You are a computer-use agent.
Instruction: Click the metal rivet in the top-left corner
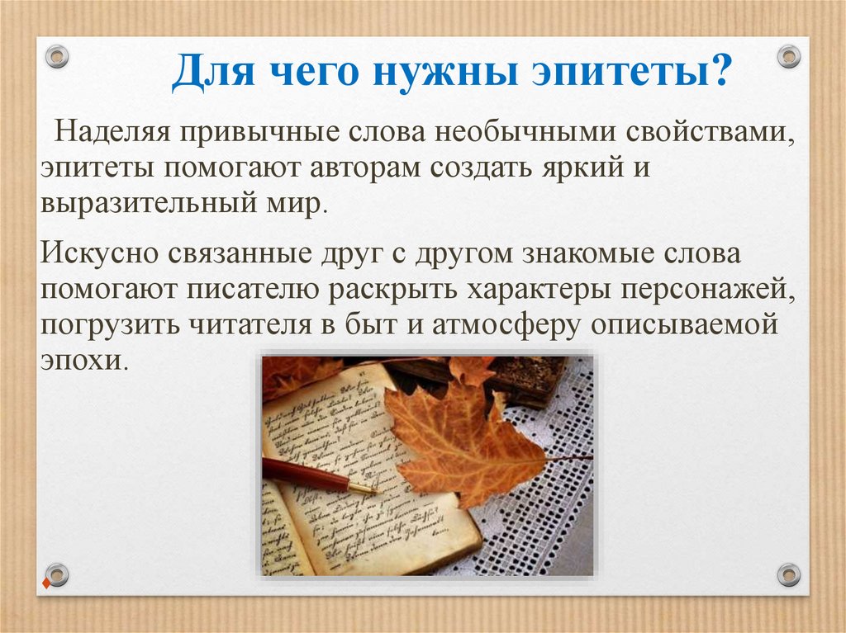pos(56,57)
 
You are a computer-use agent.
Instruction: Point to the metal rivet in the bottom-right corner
pos(789,574)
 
